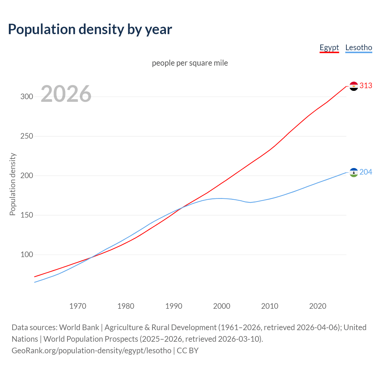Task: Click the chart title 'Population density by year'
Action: [x=90, y=29]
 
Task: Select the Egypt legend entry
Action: [x=329, y=47]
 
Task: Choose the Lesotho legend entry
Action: [x=359, y=47]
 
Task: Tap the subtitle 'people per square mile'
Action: [x=190, y=63]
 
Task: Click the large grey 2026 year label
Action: [x=66, y=94]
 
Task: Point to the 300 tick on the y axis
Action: [x=27, y=97]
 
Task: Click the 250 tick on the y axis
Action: [x=27, y=136]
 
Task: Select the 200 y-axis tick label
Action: [x=27, y=176]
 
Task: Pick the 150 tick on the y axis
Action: [x=27, y=215]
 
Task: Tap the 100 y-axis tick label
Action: [x=27, y=255]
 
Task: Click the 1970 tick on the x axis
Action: [x=78, y=306]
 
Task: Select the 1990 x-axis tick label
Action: [x=174, y=306]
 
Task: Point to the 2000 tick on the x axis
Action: [x=222, y=306]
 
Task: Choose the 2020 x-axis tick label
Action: [x=318, y=306]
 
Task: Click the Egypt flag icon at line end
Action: [x=354, y=86]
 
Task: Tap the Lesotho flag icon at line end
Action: [x=354, y=172]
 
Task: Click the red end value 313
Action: [x=366, y=86]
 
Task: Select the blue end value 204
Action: [x=366, y=172]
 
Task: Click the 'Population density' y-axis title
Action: [x=12, y=184]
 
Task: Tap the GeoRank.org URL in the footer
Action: [x=91, y=351]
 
